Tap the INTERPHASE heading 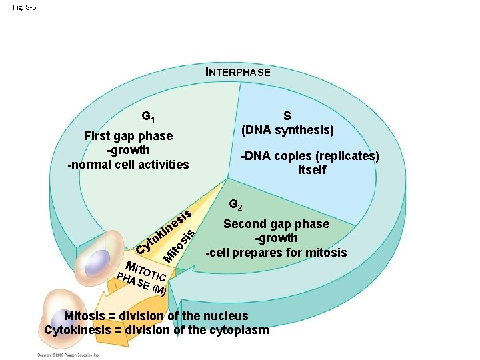(x=237, y=72)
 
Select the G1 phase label (x=149, y=117)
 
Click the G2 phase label (x=236, y=204)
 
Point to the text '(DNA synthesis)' (x=288, y=129)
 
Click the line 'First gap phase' (x=128, y=136)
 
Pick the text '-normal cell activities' (x=129, y=164)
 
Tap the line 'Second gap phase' (x=276, y=224)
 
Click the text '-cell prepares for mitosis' (x=276, y=253)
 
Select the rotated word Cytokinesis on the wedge (x=164, y=232)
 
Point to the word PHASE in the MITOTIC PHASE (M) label (x=131, y=281)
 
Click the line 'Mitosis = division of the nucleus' (x=156, y=316)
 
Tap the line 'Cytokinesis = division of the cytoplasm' (x=157, y=330)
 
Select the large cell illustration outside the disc (x=51, y=317)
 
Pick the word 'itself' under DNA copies (x=311, y=170)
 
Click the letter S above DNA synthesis (x=288, y=115)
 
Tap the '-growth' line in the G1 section (x=128, y=150)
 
